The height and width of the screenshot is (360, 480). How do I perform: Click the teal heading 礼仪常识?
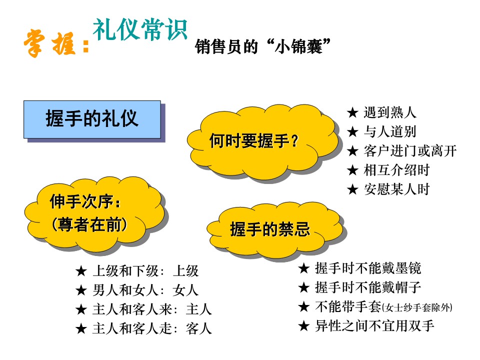(x=140, y=29)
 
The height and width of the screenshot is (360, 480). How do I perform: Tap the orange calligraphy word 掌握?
(x=49, y=44)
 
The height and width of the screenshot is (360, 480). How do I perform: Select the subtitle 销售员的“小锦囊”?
(x=262, y=46)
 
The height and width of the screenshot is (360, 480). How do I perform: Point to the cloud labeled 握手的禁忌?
(x=275, y=229)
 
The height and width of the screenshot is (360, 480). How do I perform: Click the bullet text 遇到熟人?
(x=389, y=112)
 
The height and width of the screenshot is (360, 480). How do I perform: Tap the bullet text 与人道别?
(x=389, y=131)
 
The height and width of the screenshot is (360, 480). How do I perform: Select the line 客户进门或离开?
(x=410, y=151)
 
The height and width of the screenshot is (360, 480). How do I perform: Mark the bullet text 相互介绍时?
(x=396, y=170)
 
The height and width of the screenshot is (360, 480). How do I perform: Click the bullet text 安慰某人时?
(x=396, y=189)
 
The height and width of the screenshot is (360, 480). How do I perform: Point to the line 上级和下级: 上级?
(x=145, y=271)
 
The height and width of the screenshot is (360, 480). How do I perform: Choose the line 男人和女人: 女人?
(x=145, y=290)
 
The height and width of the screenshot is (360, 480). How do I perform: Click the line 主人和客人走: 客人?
(x=152, y=328)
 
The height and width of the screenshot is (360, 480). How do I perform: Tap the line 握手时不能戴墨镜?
(x=368, y=268)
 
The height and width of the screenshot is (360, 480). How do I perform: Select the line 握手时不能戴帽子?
(x=368, y=287)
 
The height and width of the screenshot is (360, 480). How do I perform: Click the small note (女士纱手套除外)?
(x=417, y=307)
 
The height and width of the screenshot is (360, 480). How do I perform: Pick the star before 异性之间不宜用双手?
(x=303, y=326)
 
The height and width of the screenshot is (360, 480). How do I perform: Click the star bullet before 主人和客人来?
(x=81, y=309)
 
